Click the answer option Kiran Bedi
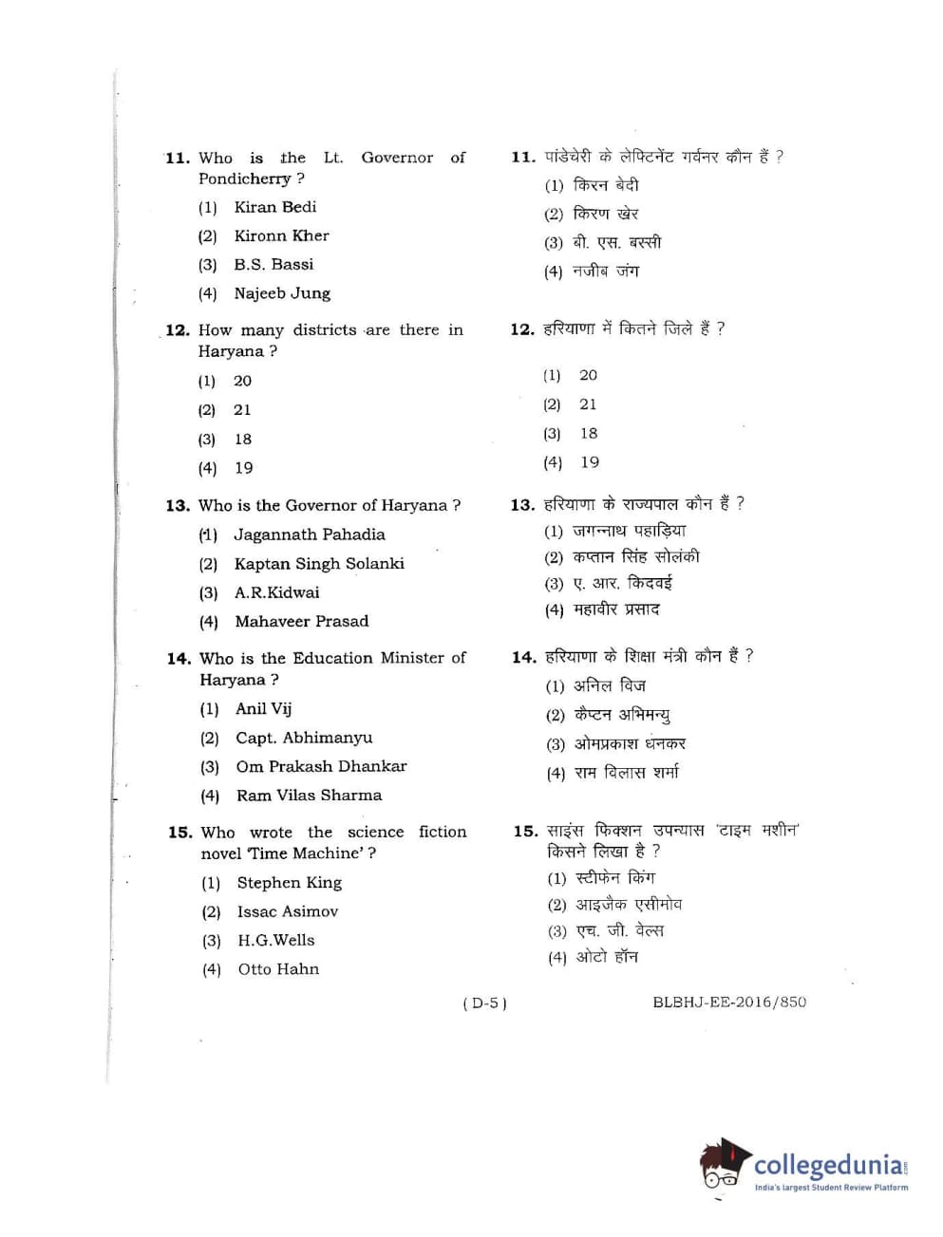(x=274, y=207)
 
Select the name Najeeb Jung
(x=282, y=293)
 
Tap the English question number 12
(x=177, y=330)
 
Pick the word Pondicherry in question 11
(x=244, y=178)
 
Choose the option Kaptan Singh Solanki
(x=319, y=564)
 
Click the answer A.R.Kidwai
(x=276, y=592)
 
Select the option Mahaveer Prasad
(x=301, y=622)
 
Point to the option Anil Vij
(x=263, y=708)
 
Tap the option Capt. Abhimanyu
(x=304, y=738)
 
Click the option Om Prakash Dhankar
(x=321, y=766)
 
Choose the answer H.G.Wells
(x=275, y=940)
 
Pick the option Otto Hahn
(x=278, y=969)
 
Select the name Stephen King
(x=289, y=883)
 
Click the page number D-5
(x=484, y=1003)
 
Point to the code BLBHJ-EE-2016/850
(x=729, y=1002)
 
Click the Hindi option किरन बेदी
(x=606, y=185)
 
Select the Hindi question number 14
(x=523, y=657)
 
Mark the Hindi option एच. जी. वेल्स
(x=620, y=930)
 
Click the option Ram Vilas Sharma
(x=309, y=796)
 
